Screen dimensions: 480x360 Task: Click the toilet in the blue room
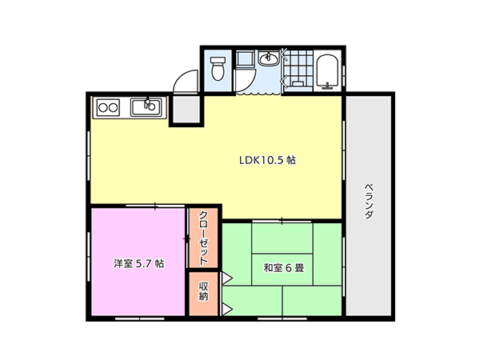pos(218,69)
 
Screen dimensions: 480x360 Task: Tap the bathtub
pos(327,70)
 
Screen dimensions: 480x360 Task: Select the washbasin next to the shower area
pos(268,58)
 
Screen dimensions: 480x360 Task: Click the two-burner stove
pos(108,107)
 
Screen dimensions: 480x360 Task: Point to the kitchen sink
pos(146,107)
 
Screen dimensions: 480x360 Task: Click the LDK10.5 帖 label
pos(267,160)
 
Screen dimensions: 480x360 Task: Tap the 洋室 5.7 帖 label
pos(138,263)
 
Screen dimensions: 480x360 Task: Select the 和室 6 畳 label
pos(284,268)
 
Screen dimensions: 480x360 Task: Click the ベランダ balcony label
pos(369,201)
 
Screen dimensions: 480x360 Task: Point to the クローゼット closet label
pos(203,238)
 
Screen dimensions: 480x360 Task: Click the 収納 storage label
pos(203,291)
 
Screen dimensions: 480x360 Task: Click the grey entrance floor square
pos(186,110)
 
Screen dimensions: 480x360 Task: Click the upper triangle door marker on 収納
pos(227,278)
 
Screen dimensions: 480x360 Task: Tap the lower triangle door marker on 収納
pos(227,309)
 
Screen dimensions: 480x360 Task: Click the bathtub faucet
pos(328,86)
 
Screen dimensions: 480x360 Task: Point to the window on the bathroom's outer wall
pos(344,77)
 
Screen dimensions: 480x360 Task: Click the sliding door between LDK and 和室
pos(282,221)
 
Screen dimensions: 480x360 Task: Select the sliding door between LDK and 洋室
pos(155,206)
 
